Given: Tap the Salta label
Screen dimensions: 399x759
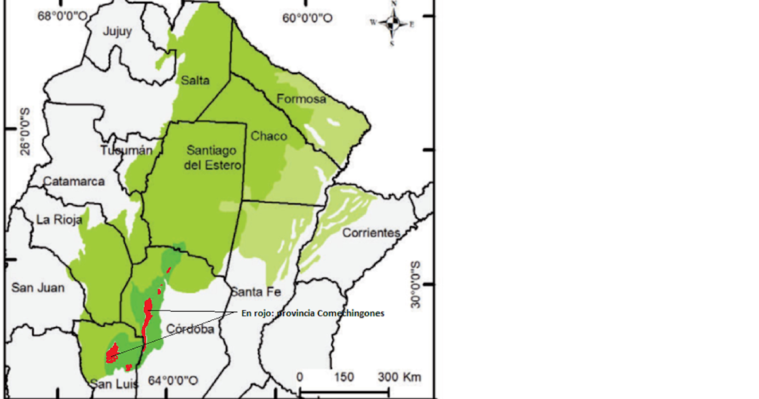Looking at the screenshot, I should point(194,80).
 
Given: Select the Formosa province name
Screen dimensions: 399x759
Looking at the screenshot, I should point(302,99).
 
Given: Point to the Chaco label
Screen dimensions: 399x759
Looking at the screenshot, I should point(269,136).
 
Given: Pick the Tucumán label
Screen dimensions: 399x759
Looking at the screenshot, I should point(126,151).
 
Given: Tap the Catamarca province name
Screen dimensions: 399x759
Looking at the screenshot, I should point(73,182).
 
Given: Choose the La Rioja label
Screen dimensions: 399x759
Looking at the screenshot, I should point(57,220).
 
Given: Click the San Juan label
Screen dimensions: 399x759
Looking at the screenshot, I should point(38,288).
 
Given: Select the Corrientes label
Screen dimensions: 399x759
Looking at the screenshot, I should point(371,233).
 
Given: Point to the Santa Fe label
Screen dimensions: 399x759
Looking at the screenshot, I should point(255,292).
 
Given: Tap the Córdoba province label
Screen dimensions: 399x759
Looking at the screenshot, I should point(190,330).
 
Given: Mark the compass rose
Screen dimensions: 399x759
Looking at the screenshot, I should point(392,24).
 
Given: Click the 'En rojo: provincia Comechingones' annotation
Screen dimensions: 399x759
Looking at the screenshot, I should point(313,313).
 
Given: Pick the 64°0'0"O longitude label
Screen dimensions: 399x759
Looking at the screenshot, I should point(173,381).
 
